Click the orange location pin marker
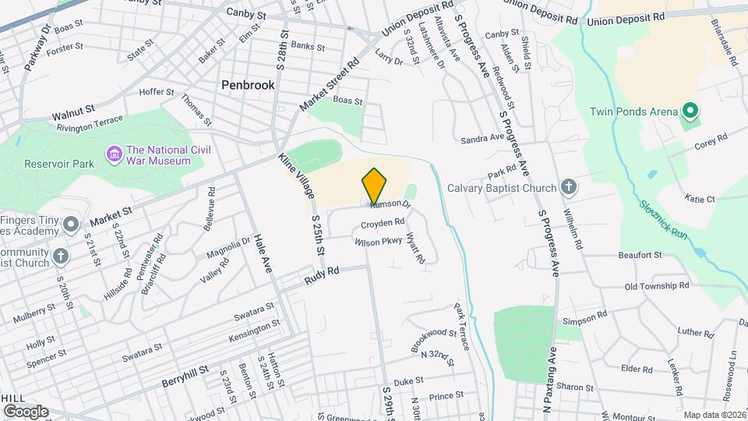[x=375, y=186]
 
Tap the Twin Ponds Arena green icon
[x=688, y=111]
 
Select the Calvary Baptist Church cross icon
[x=570, y=188]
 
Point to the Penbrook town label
[x=248, y=85]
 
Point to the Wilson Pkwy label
[x=378, y=243]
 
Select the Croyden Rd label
[x=383, y=225]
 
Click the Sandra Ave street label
[x=482, y=138]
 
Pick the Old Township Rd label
[x=657, y=286]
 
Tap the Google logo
[x=26, y=411]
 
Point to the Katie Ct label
[x=700, y=200]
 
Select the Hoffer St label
[x=156, y=92]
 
